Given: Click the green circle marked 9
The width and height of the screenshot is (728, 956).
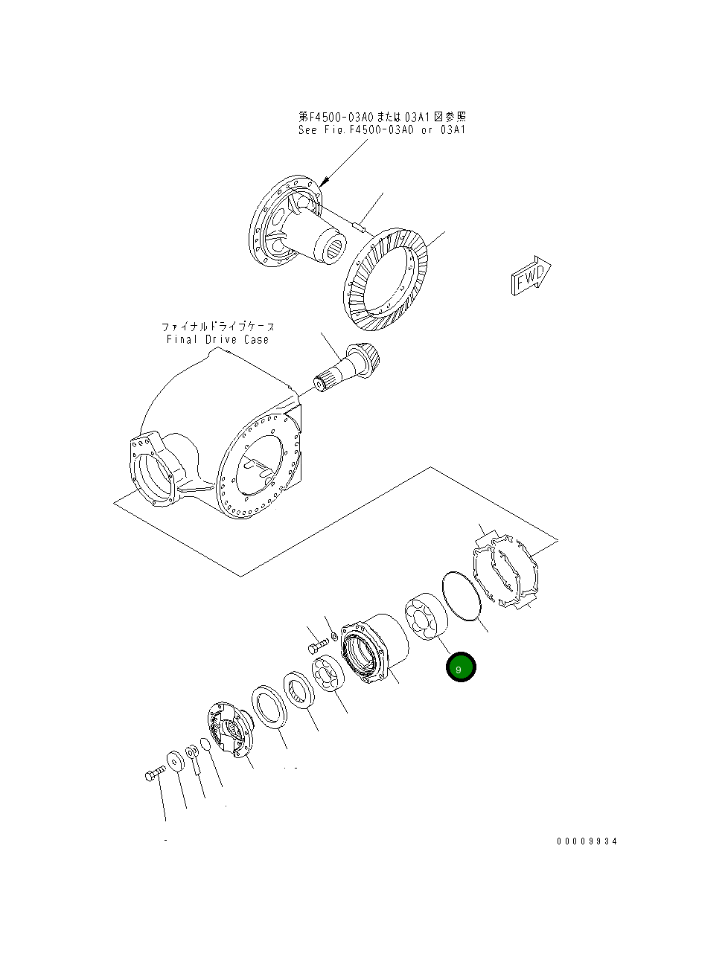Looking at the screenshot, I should click(x=460, y=667).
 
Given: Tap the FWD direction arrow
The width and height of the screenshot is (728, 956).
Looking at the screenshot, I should click(x=531, y=275).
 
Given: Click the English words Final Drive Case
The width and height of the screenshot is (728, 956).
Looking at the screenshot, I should click(x=217, y=340).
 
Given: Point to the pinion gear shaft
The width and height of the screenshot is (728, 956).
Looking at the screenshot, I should click(x=350, y=369).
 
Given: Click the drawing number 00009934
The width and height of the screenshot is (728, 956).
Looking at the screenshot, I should click(x=587, y=841).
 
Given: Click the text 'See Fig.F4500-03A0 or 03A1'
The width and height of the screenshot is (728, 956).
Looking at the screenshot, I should click(x=381, y=130).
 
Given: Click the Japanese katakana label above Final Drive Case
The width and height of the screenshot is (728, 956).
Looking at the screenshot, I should click(x=217, y=327).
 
